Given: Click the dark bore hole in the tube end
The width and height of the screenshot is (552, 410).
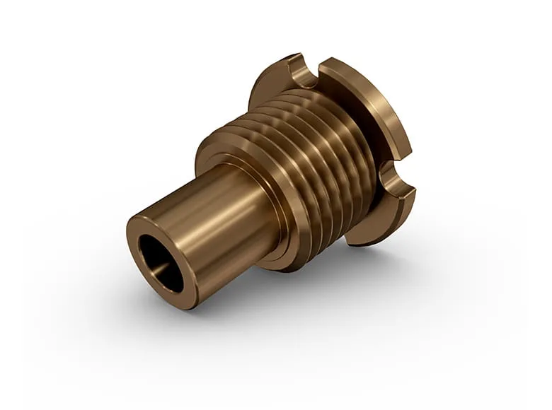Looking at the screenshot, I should [160, 262].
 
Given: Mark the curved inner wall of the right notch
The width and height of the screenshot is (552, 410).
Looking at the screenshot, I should [391, 178].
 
